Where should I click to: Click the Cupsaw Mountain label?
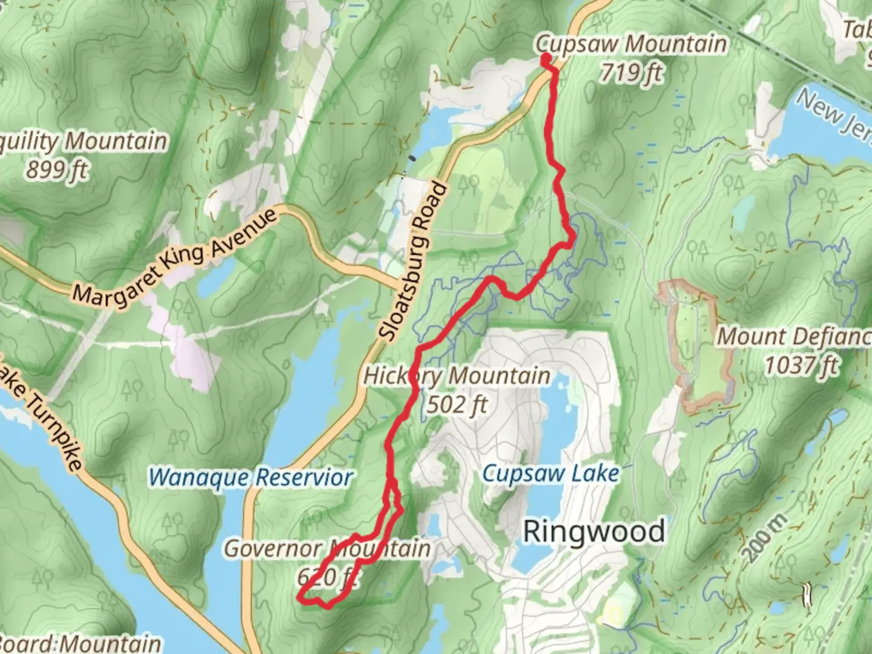coord(631,44)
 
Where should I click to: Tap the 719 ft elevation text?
coord(631,73)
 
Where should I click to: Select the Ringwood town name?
coord(593,532)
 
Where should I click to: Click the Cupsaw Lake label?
coord(550,474)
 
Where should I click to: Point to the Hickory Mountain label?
coord(457,375)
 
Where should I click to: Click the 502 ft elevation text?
coord(457,404)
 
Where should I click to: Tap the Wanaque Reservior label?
coord(250,477)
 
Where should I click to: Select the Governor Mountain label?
coord(327,549)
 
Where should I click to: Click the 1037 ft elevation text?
coord(801,365)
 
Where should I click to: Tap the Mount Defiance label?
coord(793,337)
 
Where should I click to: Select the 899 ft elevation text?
coord(57,170)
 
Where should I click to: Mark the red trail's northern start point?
coord(546,59)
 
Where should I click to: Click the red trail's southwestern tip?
coord(299,598)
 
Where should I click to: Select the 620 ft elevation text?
coord(327,576)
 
